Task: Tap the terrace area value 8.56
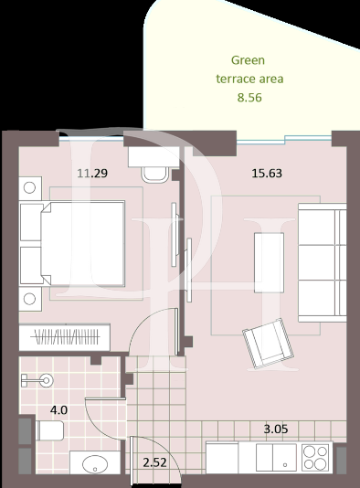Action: coord(249,96)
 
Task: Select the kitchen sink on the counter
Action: coord(270,455)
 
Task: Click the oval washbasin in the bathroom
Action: coord(94,465)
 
